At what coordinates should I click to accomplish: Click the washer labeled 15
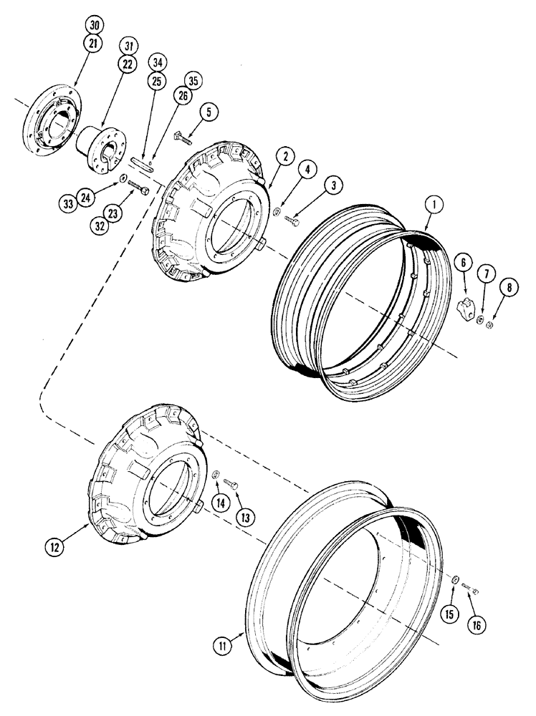point(455,580)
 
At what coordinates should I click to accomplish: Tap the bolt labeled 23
point(139,188)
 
